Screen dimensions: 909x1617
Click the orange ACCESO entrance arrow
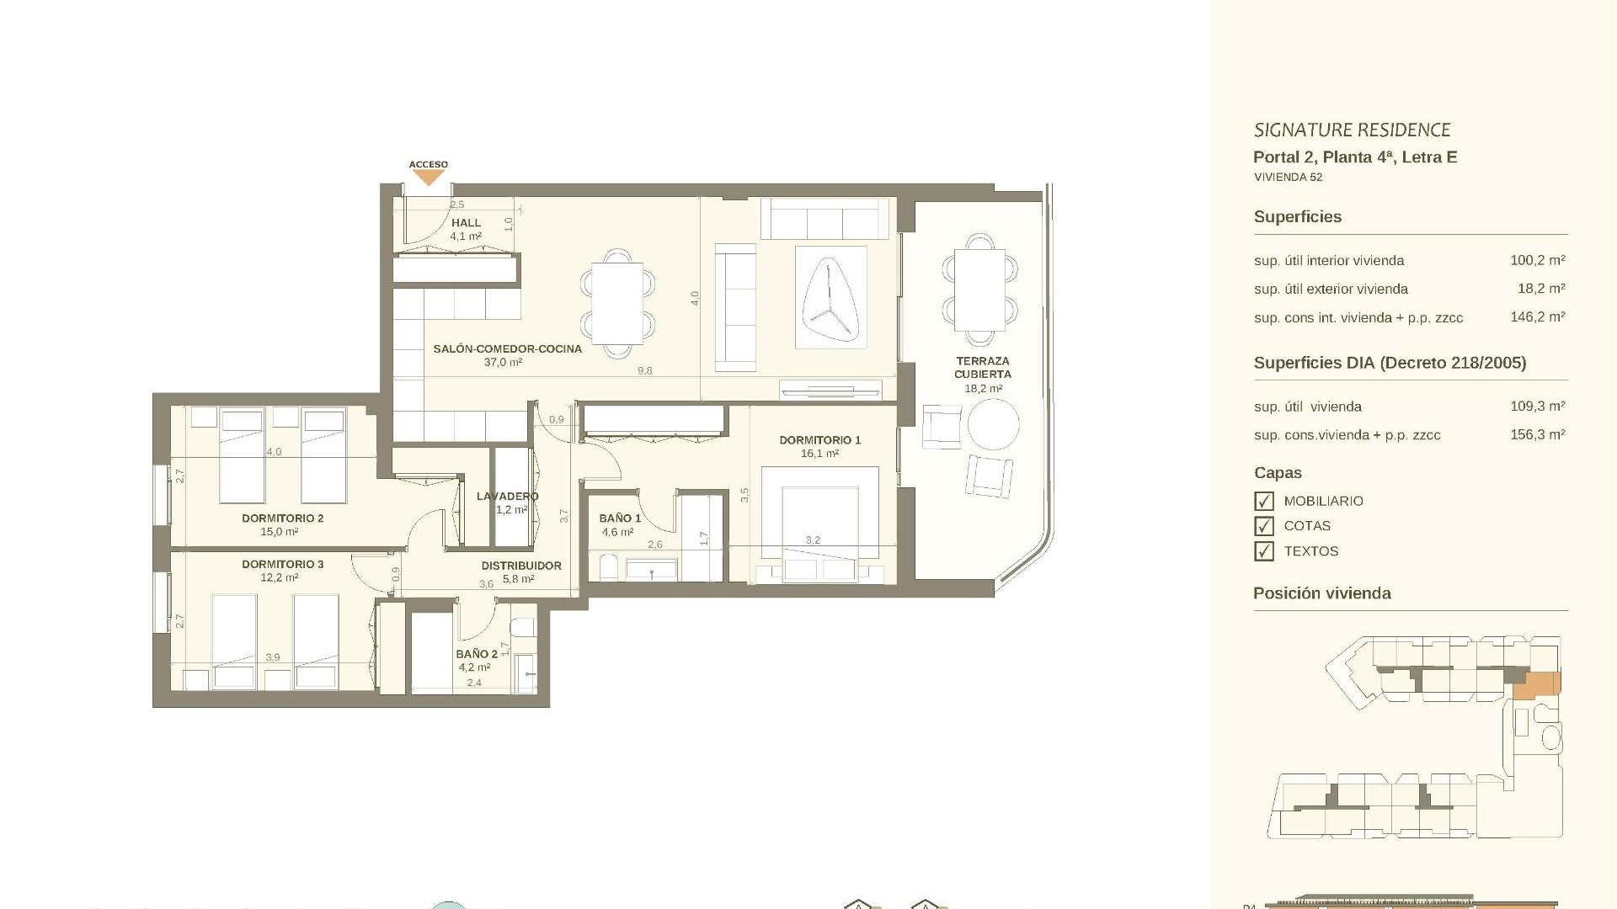tap(429, 178)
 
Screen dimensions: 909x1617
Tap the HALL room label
tap(466, 223)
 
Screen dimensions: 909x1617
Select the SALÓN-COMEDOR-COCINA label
tap(507, 348)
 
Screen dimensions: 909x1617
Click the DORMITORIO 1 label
tap(819, 440)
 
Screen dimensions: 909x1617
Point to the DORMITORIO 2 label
tap(282, 518)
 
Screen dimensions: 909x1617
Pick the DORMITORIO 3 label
tap(282, 565)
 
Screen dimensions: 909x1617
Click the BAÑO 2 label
tap(477, 654)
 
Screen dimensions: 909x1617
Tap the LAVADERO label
tap(507, 497)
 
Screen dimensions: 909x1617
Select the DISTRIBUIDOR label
tap(521, 566)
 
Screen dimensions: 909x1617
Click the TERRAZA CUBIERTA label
tap(982, 368)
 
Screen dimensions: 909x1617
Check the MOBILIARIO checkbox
tap(1263, 502)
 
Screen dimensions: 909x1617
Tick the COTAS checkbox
tap(1263, 526)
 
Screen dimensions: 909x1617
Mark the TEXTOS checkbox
tap(1263, 551)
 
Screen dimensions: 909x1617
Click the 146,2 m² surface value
tap(1537, 317)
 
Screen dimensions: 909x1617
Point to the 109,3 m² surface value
tap(1537, 407)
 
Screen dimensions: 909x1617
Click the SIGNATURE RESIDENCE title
tap(1352, 130)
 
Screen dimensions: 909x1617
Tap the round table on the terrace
tap(993, 424)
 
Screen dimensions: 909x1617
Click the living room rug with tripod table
tap(830, 296)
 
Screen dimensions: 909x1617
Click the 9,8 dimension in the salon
tap(644, 371)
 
